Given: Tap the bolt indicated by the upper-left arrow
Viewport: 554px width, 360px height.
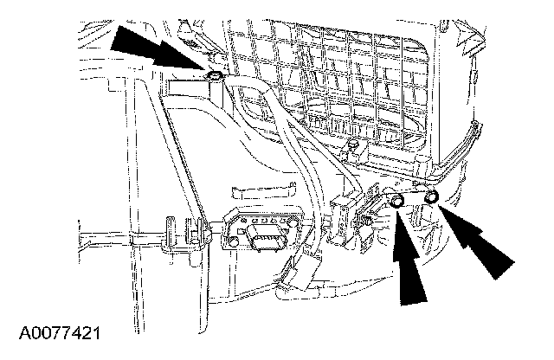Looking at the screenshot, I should coord(214,80).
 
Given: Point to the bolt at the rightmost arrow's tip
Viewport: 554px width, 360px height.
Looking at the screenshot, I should coord(430,199).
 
